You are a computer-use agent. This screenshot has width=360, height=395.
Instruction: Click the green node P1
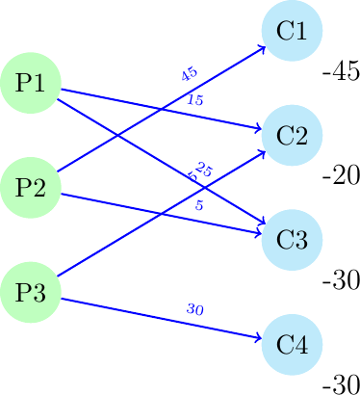[31, 83]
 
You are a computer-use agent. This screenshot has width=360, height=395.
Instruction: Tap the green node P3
[31, 291]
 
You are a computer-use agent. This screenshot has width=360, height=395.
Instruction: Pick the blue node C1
[291, 31]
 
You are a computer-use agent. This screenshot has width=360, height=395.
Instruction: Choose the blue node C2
[291, 135]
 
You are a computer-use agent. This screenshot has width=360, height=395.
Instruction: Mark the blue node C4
[291, 343]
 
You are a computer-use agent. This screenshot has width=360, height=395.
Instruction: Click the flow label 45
[189, 74]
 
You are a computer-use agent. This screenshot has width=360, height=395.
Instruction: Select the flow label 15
[195, 100]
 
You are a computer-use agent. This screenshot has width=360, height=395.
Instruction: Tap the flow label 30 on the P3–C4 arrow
[195, 309]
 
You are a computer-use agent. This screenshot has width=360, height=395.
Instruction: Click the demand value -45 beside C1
[341, 73]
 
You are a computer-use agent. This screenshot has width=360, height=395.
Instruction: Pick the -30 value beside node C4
[341, 383]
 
